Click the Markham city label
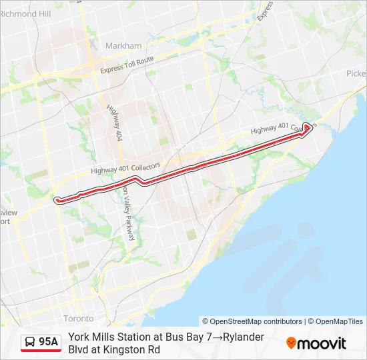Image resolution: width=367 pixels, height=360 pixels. [123, 46]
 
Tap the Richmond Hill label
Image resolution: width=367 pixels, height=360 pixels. [25, 13]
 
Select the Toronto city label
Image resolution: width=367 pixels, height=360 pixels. [78, 318]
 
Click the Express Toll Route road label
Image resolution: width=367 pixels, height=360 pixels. [127, 65]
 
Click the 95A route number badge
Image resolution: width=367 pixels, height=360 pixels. [48, 342]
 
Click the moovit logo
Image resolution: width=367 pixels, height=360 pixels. [316, 343]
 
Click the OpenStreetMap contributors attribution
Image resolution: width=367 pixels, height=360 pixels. [252, 321]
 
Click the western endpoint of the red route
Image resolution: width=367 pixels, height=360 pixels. [57, 199]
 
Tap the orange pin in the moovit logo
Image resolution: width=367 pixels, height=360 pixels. [291, 343]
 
